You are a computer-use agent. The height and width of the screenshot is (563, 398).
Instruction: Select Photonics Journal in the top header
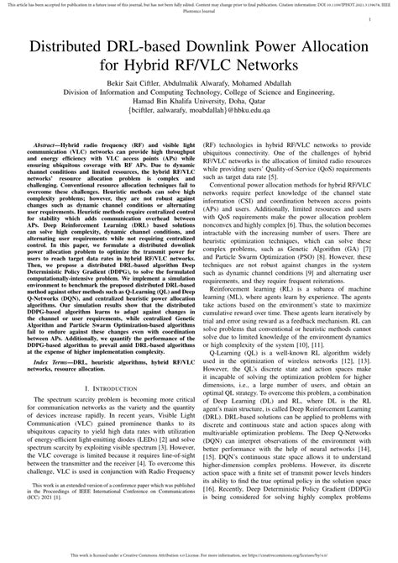[x=199, y=12]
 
